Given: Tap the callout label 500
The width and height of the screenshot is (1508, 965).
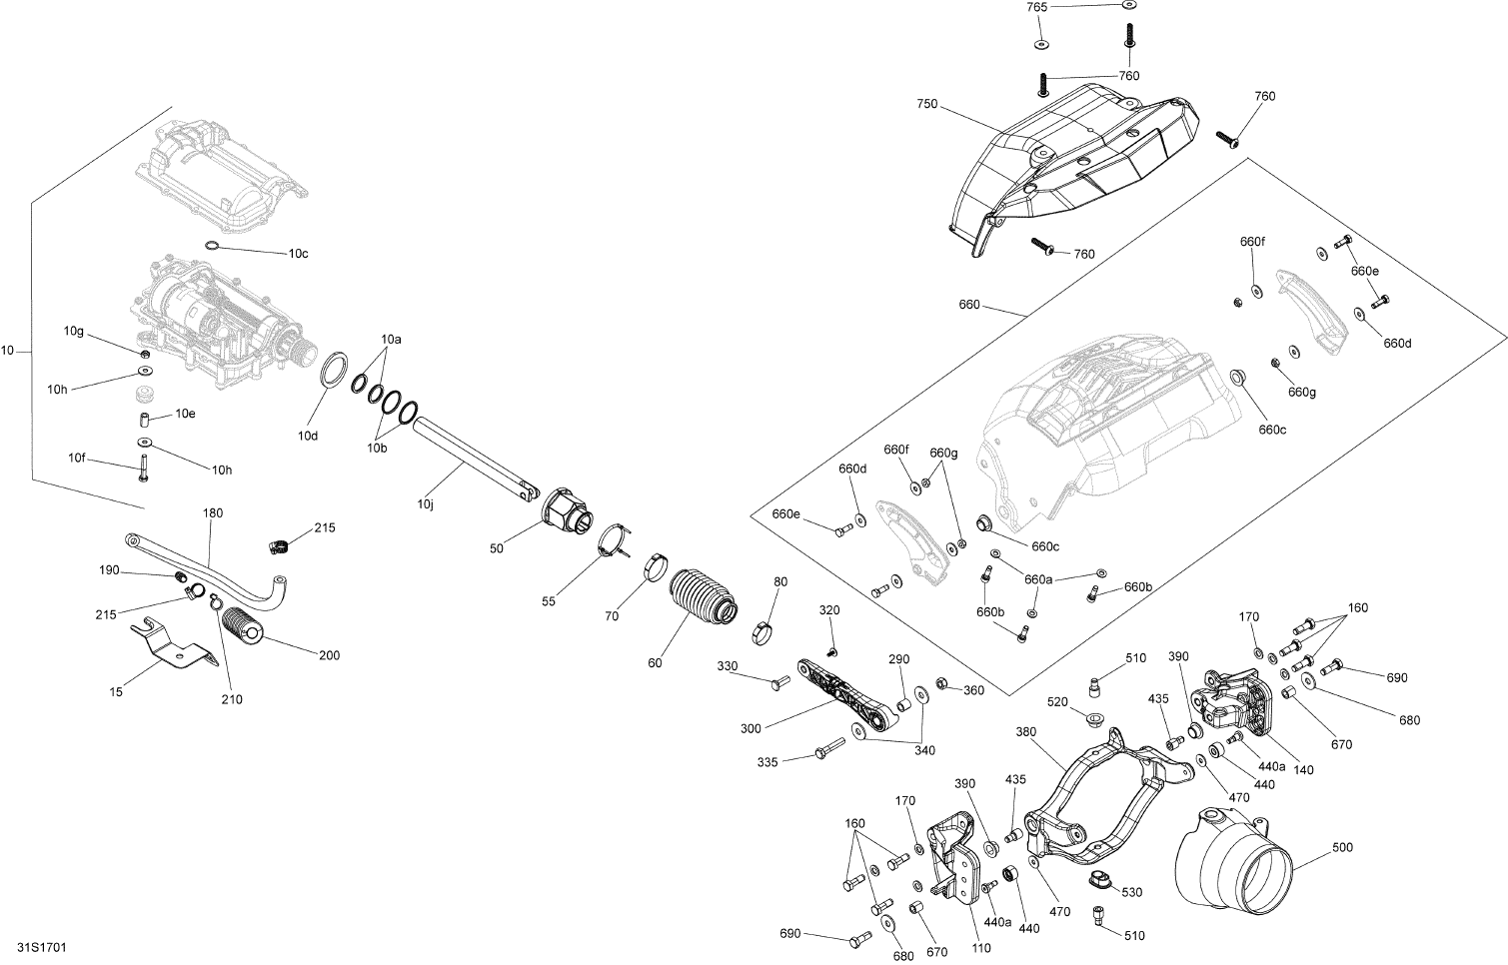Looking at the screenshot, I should (x=1342, y=848).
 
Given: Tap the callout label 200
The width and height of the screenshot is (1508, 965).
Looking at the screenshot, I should (x=329, y=655).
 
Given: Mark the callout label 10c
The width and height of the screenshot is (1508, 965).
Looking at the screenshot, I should (x=298, y=254).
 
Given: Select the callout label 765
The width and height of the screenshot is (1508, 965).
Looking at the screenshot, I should (x=1037, y=7).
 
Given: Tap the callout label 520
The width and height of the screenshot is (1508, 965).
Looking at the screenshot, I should (x=1056, y=702).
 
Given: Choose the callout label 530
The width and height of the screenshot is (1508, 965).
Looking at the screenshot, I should (x=1131, y=891).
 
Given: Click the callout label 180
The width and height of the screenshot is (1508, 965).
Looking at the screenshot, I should (x=213, y=512).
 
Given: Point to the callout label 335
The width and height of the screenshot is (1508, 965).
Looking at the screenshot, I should (x=767, y=761).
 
